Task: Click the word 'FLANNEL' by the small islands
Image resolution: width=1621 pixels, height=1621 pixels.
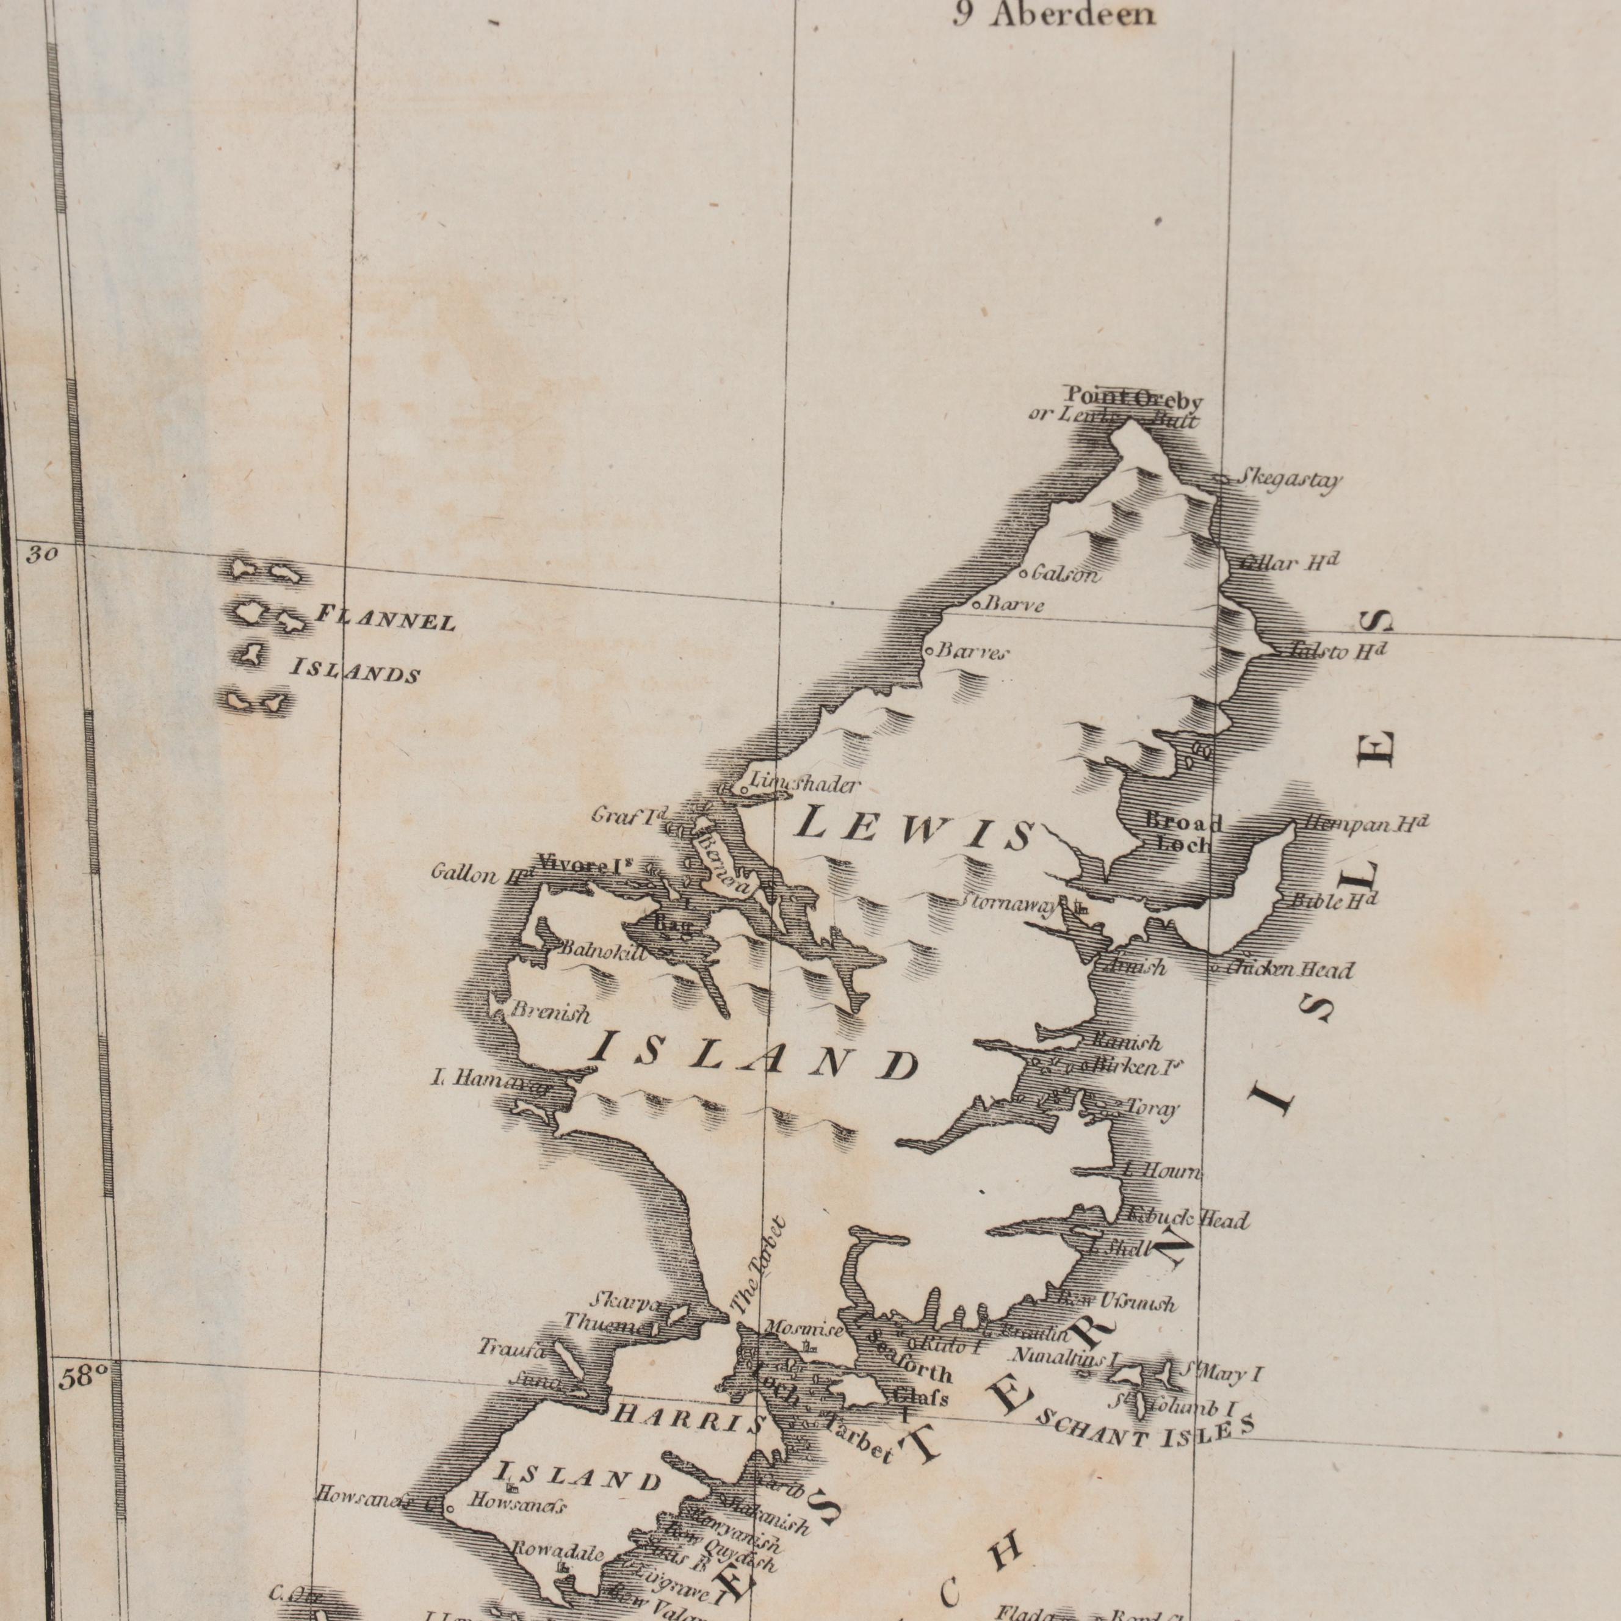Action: point(385,619)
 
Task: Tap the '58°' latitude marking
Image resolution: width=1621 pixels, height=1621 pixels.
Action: point(84,1377)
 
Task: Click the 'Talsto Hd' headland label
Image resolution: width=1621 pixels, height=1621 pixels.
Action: point(1338,651)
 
